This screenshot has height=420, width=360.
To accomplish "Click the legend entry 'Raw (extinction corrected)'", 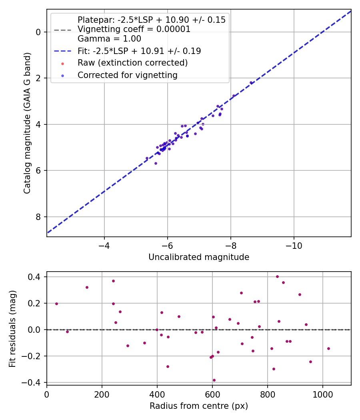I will (x=132, y=63).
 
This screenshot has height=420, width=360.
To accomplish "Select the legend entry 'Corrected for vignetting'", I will (x=128, y=75).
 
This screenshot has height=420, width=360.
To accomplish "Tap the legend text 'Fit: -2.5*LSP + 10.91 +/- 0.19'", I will (x=139, y=51).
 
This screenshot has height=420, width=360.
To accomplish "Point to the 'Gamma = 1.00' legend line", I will (x=109, y=39).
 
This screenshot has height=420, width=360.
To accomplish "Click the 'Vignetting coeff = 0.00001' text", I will (x=134, y=29).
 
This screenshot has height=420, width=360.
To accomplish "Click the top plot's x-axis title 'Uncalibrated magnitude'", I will (x=199, y=257).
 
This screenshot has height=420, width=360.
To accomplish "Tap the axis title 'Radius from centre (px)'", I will (x=199, y=406).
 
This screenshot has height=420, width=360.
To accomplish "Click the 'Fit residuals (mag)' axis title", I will (x=13, y=329).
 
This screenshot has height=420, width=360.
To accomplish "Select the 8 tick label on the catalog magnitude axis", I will (x=39, y=217).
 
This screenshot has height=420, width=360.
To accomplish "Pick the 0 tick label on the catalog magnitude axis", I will (x=39, y=32).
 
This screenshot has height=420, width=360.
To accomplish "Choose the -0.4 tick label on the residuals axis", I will (x=34, y=382).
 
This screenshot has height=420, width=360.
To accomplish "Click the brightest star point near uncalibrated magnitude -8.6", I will (x=251, y=83).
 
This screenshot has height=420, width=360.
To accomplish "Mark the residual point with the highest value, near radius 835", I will (x=277, y=276).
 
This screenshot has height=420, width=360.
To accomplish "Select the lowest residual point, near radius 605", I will (x=214, y=380).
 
